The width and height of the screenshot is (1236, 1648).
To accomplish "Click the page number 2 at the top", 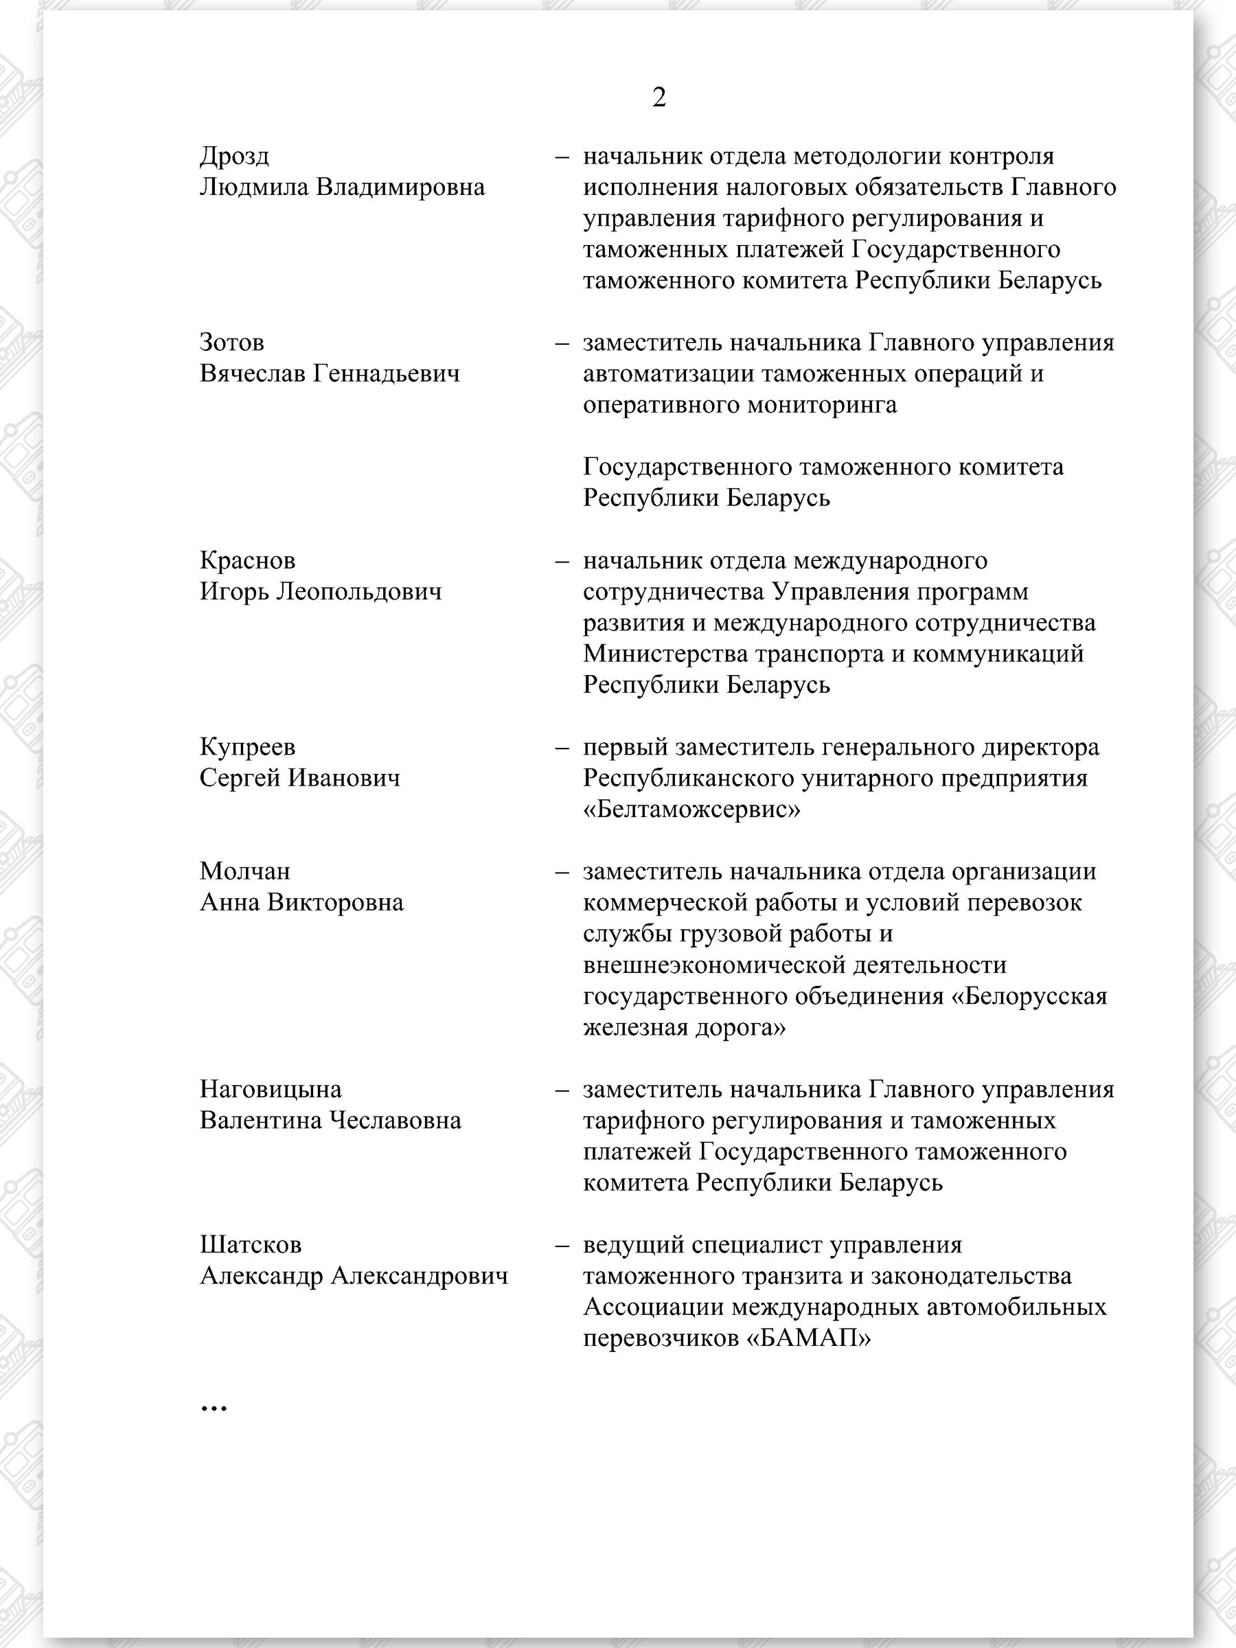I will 659,98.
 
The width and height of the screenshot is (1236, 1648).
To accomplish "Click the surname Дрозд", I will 234,157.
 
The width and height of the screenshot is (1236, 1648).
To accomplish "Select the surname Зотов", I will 231,343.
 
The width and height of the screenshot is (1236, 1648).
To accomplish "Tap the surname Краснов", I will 247,560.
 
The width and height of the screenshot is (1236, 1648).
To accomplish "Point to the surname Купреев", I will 247,746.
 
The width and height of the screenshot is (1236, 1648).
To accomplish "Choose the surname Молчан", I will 245,871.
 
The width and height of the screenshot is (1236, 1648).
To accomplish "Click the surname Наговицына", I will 271,1089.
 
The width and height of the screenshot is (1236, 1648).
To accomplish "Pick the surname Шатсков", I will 251,1245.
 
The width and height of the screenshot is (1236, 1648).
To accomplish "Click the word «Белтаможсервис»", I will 691,809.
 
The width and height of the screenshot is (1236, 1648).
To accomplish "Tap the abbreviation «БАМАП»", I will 808,1339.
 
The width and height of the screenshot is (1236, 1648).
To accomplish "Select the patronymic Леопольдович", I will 359,591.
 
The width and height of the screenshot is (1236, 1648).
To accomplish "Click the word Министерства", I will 665,654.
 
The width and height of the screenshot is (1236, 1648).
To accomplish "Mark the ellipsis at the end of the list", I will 214,1406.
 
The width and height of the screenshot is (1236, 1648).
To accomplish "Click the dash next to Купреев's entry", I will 562,747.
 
